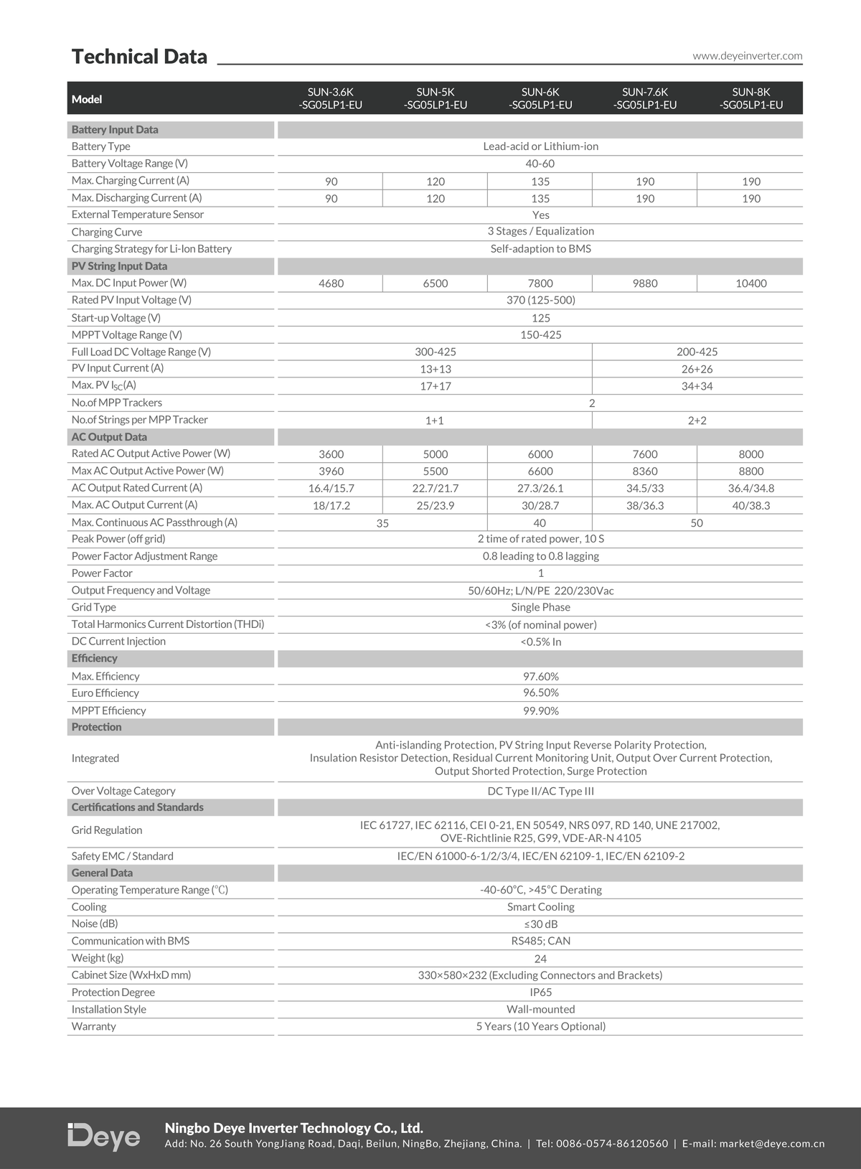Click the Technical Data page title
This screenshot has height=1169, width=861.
[x=139, y=57]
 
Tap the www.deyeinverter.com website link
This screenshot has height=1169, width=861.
[x=747, y=56]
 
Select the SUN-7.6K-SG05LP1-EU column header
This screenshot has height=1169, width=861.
[x=645, y=98]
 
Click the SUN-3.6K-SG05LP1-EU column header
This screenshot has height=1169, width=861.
[x=331, y=98]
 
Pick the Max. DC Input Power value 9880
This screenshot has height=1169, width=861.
[x=645, y=283]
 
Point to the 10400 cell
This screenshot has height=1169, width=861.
[x=751, y=283]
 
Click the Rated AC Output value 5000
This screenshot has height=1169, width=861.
[x=436, y=454]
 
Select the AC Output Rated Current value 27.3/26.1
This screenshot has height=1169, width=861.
[x=540, y=488]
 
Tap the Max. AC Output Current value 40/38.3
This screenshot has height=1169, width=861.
[x=751, y=506]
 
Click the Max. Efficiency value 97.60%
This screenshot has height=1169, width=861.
[x=540, y=676]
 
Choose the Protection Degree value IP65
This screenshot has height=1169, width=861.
[x=540, y=992]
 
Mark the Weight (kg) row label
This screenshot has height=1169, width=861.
[x=98, y=958]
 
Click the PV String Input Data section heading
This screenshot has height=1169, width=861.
[x=119, y=266]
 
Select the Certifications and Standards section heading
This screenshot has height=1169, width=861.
[x=137, y=807]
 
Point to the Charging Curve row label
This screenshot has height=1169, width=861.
[x=107, y=232]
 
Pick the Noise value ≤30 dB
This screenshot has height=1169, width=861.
[x=540, y=924]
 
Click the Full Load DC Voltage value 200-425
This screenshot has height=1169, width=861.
[x=697, y=352]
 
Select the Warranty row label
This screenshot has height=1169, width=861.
[x=93, y=1027]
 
